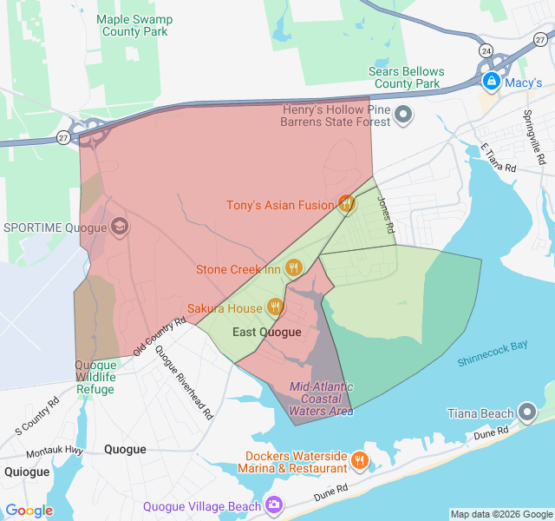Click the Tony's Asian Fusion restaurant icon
tap(346, 205)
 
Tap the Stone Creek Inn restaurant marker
tap(293, 268)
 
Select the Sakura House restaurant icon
tap(276, 307)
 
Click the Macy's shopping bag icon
tap(491, 82)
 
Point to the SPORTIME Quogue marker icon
tap(119, 228)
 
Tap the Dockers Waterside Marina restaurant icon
tap(360, 460)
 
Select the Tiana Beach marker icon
tap(527, 412)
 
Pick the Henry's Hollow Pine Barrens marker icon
tap(403, 115)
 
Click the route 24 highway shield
tap(486, 51)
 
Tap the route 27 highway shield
tap(64, 136)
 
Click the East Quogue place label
tap(267, 332)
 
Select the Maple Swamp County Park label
tap(134, 25)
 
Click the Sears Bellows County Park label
tap(406, 77)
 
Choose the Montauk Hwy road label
tap(54, 452)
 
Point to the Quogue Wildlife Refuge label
tap(95, 377)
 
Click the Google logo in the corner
tap(29, 511)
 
